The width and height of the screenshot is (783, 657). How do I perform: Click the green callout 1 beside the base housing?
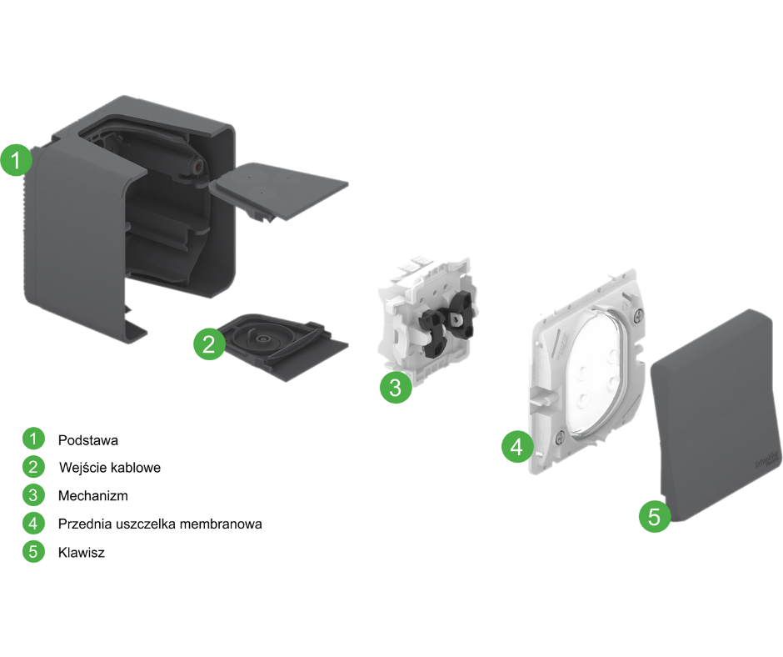pos(17,160)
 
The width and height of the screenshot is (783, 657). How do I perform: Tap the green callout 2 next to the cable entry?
pos(209,344)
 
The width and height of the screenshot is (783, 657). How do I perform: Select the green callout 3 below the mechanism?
pos(396,387)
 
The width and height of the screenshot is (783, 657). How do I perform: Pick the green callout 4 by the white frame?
pos(517,447)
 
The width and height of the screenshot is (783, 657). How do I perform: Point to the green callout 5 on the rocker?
pos(655,516)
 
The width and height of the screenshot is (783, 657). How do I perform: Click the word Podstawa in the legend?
pos(88,439)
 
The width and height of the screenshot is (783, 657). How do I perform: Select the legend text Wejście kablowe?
pos(110,468)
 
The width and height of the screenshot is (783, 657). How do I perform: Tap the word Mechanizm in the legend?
pos(93,495)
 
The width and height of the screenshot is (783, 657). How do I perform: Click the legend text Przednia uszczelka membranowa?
pos(161,524)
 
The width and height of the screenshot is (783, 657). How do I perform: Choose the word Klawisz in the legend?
pos(82,552)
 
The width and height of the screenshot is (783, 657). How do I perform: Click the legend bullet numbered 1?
pos(33,439)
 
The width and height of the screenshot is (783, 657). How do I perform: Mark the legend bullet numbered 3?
pos(33,495)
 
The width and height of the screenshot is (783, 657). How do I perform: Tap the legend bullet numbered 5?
pos(33,552)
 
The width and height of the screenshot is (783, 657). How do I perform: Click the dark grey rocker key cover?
pos(716,409)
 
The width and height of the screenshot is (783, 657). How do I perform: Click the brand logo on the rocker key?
pos(767,459)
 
